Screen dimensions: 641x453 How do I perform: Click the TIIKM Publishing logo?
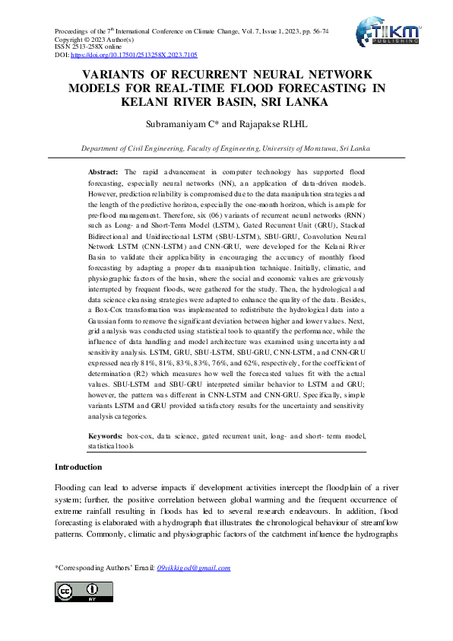click(x=388, y=34)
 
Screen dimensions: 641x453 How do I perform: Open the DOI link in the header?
click(x=134, y=56)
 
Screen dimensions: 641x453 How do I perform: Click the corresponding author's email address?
click(x=192, y=568)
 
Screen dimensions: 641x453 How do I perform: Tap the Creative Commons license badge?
click(x=84, y=592)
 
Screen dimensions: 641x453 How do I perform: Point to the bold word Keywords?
click(x=106, y=435)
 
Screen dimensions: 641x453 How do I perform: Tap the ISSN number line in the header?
click(x=83, y=48)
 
